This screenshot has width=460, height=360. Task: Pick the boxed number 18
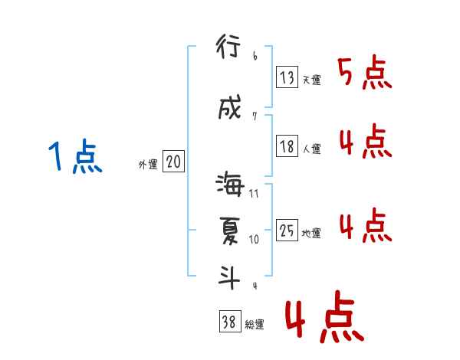(x=287, y=146)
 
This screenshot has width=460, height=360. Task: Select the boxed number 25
(x=287, y=230)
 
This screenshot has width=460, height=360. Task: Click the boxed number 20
(x=173, y=162)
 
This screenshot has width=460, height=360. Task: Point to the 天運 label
(x=311, y=79)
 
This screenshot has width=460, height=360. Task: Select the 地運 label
(x=311, y=233)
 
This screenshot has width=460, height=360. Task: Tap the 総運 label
(x=255, y=325)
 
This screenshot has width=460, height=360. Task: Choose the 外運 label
(x=147, y=164)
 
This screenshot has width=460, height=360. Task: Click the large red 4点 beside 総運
(x=323, y=319)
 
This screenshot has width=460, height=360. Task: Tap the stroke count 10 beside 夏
(x=254, y=239)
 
